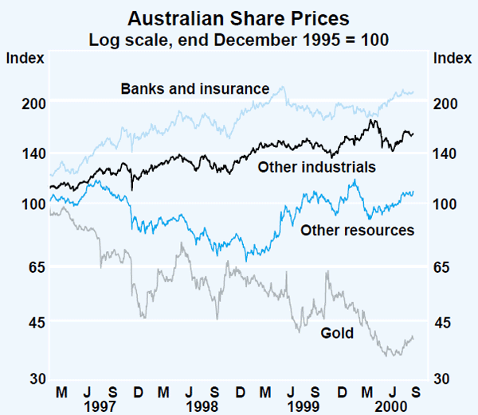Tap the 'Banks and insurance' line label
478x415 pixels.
tap(195, 88)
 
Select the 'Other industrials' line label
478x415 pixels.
tap(316, 168)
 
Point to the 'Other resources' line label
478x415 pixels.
tap(357, 231)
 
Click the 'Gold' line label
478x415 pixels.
tap(336, 333)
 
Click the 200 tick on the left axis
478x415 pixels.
tap(29, 103)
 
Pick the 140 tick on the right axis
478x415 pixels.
tap(448, 153)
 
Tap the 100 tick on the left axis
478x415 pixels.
tap(29, 204)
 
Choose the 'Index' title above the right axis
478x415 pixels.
tap(450, 57)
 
